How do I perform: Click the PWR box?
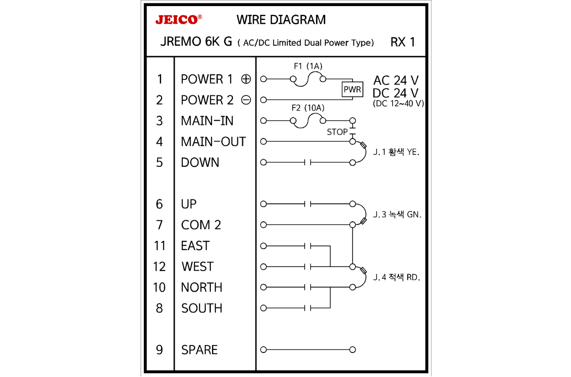click(x=352, y=90)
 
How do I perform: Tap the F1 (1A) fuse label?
click(x=308, y=66)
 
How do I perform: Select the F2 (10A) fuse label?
click(x=308, y=108)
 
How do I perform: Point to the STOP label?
click(x=337, y=132)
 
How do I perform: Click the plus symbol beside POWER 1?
click(x=246, y=79)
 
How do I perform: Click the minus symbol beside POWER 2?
click(x=246, y=100)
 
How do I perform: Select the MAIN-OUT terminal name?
click(x=214, y=142)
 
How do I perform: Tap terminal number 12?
click(x=159, y=267)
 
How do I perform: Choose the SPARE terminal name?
click(x=199, y=350)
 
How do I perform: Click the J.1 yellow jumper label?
click(x=396, y=152)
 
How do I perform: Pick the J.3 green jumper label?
click(x=397, y=215)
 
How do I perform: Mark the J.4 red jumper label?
click(x=396, y=277)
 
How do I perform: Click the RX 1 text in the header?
click(x=402, y=42)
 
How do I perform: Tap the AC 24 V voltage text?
click(x=396, y=80)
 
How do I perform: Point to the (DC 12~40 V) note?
click(x=398, y=104)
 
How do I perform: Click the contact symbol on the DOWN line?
click(x=308, y=163)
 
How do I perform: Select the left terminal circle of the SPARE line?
click(x=263, y=350)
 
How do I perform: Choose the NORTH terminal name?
click(x=202, y=288)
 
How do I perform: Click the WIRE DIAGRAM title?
click(x=281, y=20)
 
